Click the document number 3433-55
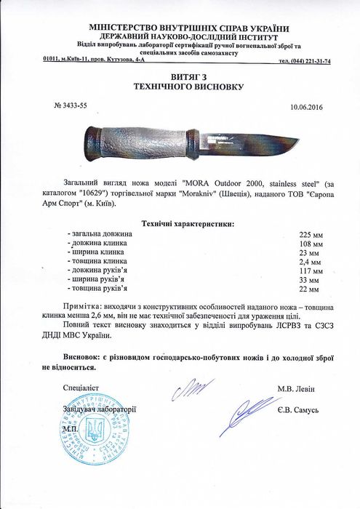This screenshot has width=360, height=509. [72, 105]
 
